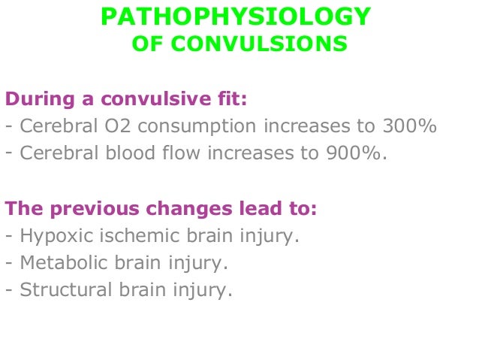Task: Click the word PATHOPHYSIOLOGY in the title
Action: pos(235,16)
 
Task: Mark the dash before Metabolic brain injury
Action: pos(8,263)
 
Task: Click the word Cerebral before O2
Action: pos(55,126)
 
